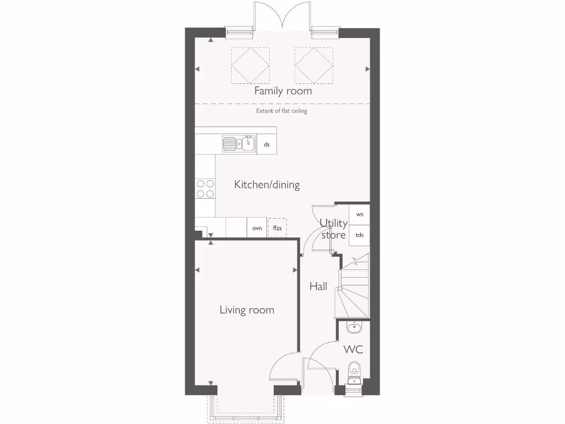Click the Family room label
[282, 91]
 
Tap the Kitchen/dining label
[266, 184]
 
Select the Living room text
[247, 310]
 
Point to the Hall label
[318, 286]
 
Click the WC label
[353, 349]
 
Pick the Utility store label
[334, 229]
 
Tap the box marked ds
[266, 145]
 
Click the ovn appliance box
[257, 227]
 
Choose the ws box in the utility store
[360, 214]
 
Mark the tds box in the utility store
[360, 235]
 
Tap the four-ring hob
[205, 188]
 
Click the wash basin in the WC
[354, 328]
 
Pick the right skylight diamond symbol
[313, 65]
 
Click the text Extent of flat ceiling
[281, 111]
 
